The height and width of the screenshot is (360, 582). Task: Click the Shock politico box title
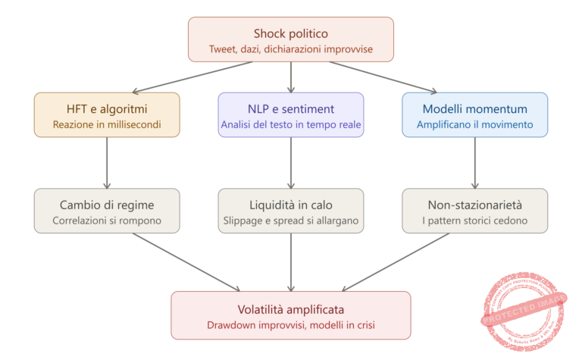tap(291, 33)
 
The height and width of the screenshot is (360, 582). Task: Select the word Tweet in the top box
tap(223, 51)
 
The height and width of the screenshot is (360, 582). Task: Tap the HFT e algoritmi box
tap(107, 114)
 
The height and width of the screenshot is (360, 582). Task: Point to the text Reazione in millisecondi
tap(107, 124)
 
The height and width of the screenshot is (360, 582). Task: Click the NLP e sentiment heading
tap(291, 108)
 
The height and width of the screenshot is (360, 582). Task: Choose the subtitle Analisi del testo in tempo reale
tap(291, 124)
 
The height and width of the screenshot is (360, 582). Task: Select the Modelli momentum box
tap(475, 114)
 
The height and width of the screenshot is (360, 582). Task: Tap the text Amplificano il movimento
tap(475, 124)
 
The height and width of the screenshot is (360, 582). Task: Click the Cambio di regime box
tap(107, 211)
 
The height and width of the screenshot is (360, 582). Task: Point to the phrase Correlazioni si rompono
tap(107, 221)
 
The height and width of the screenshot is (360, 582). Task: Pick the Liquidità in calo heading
tap(291, 205)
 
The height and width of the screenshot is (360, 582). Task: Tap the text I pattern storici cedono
tap(475, 221)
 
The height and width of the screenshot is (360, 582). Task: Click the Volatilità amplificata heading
tap(291, 309)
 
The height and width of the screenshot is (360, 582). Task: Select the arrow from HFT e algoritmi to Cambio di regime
tap(107, 162)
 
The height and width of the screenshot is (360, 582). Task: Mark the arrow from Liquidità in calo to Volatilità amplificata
tap(291, 261)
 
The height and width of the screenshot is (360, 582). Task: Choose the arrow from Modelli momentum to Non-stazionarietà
tap(475, 162)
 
